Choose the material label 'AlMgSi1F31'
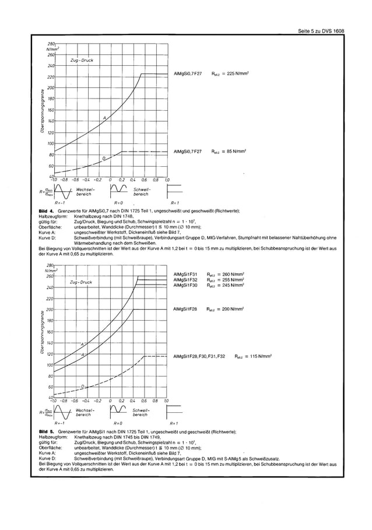(x=185, y=273)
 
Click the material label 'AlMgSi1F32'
(x=185, y=279)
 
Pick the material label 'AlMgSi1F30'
(x=185, y=285)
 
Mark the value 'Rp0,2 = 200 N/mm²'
(x=227, y=309)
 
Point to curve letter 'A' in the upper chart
(x=105, y=118)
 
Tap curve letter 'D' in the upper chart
(x=104, y=158)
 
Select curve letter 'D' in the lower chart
(x=82, y=386)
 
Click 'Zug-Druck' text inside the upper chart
(x=82, y=61)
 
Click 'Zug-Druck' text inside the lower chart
(x=81, y=282)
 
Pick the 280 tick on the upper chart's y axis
(x=51, y=44)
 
